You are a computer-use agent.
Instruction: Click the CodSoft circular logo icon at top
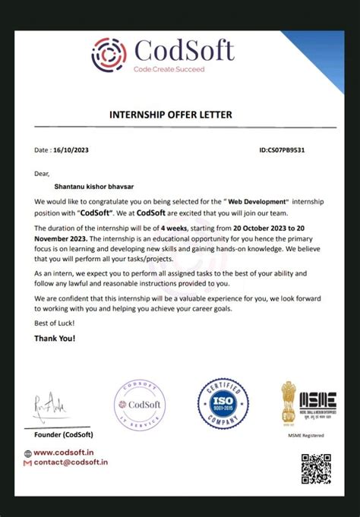click(109, 54)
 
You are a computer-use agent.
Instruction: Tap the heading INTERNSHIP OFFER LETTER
click(171, 115)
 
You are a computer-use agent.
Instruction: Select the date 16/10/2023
click(72, 150)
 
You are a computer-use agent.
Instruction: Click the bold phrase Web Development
click(259, 201)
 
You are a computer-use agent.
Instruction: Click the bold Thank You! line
click(55, 339)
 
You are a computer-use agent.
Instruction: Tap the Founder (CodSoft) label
click(64, 435)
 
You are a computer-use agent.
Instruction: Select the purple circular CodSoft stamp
click(139, 405)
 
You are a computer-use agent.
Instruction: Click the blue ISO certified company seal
click(223, 404)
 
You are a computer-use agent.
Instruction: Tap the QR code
click(316, 468)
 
